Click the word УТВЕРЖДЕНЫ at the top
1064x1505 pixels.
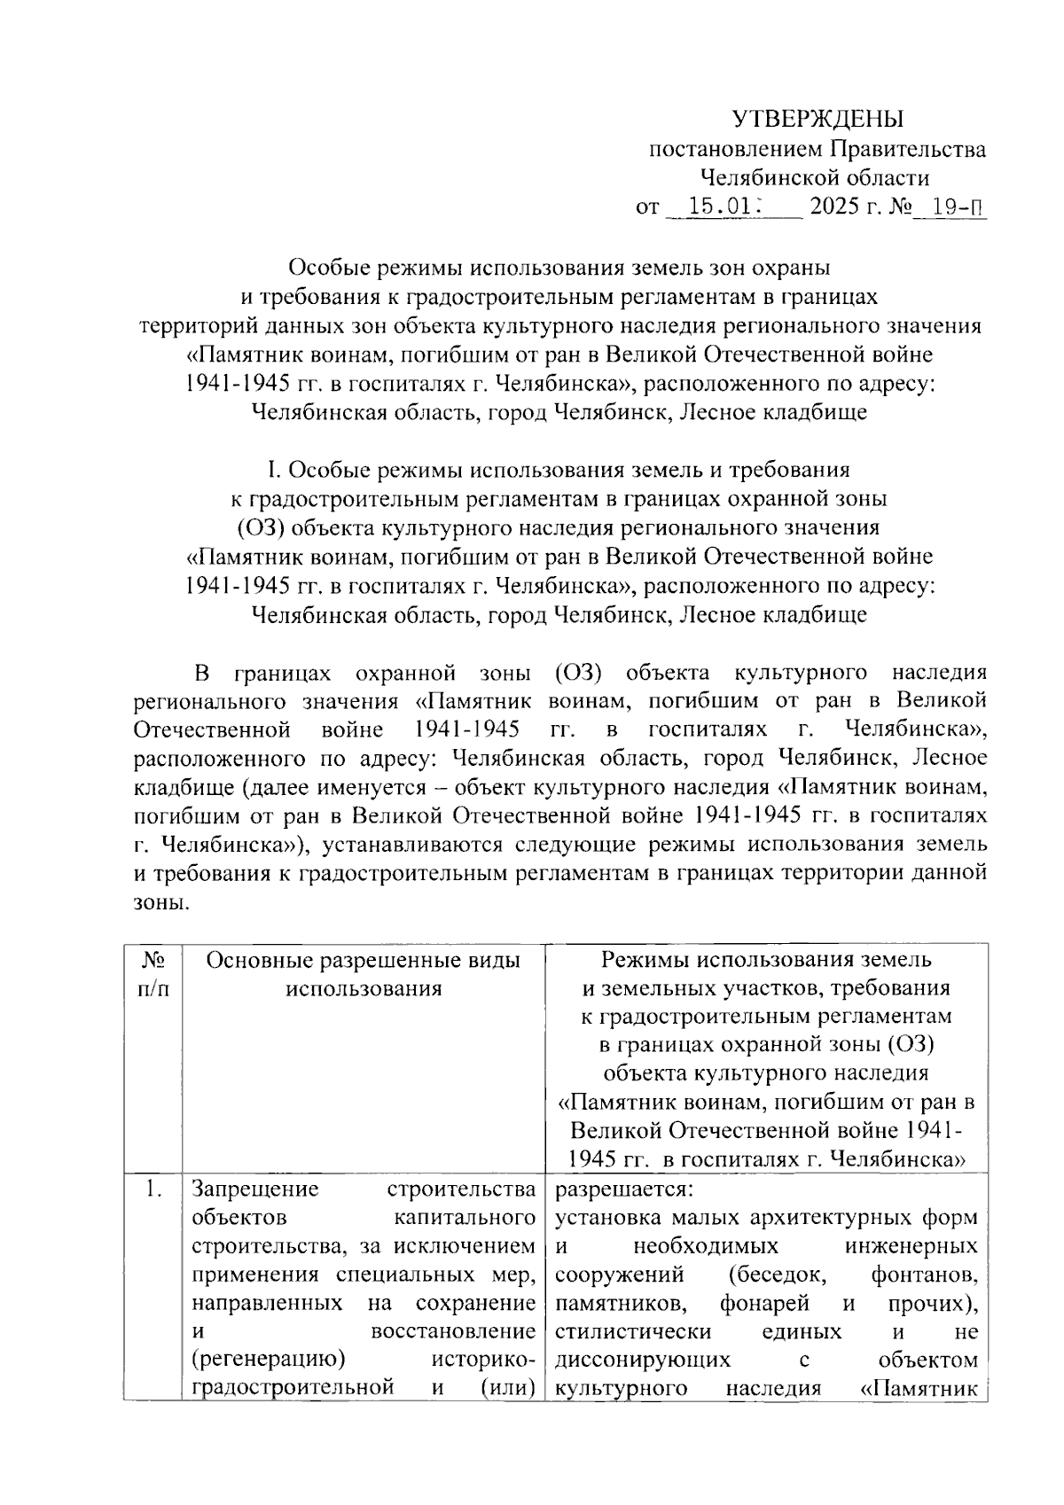(817, 118)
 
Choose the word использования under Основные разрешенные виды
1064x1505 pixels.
(363, 988)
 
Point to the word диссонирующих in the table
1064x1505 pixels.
(643, 1361)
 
